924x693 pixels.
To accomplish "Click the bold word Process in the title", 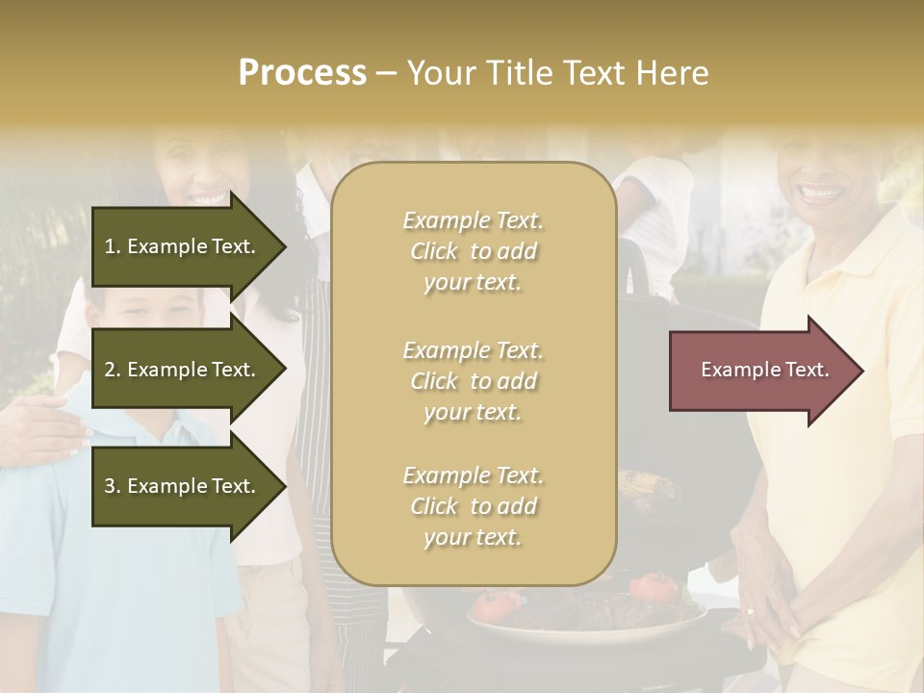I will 302,73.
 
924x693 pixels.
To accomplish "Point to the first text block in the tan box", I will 474,251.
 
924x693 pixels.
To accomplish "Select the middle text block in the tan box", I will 474,381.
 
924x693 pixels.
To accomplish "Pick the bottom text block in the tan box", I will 474,506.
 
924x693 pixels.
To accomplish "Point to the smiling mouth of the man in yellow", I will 820,192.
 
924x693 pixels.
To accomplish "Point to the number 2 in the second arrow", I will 110,370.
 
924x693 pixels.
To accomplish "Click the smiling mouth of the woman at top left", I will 206,197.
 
